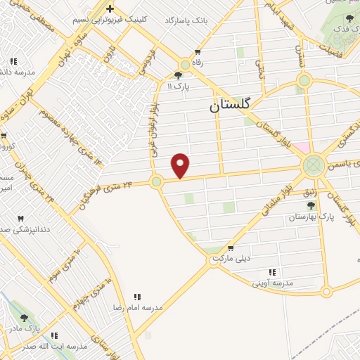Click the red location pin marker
181,165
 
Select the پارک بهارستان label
310,218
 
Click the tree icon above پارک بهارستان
310,205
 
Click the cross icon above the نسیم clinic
110,8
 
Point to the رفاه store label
197,62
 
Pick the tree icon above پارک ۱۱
178,75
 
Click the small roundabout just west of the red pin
156,181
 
